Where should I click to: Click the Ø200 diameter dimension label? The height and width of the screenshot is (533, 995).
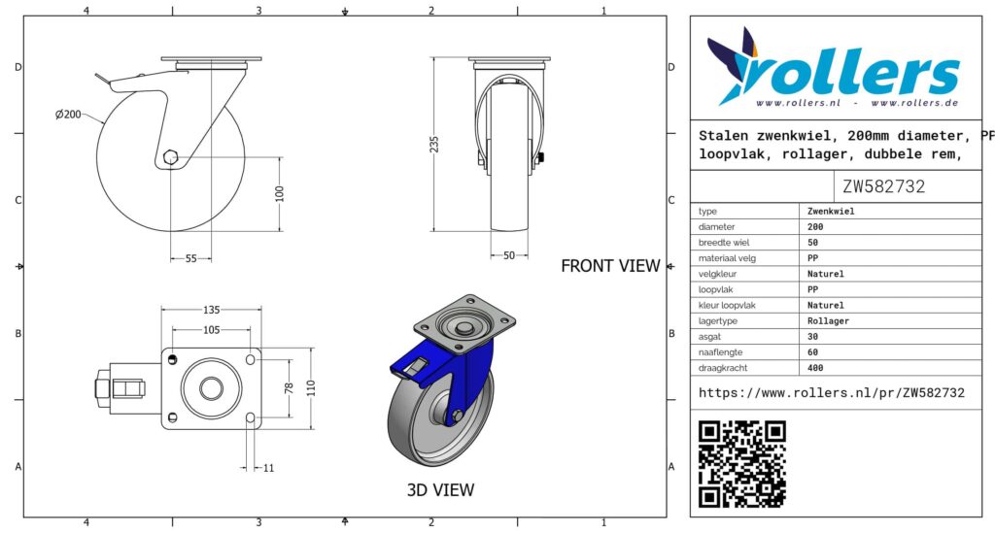point(68,115)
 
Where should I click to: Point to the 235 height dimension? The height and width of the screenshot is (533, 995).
point(434,145)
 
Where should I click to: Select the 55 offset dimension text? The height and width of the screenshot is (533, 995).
point(191,258)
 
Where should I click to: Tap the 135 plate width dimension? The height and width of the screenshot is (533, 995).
point(211,310)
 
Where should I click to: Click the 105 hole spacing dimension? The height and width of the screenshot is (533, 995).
point(211,329)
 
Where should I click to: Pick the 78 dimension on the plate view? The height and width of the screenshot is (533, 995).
point(290,388)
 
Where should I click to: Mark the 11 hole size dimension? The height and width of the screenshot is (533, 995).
point(268,468)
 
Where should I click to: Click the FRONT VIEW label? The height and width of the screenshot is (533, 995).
point(610,266)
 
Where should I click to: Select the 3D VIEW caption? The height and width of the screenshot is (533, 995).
point(440,489)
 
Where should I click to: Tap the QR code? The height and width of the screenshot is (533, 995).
point(741,464)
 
